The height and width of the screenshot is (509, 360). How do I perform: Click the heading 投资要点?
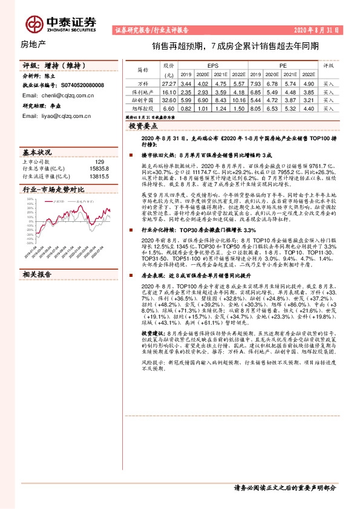coord(143,126)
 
